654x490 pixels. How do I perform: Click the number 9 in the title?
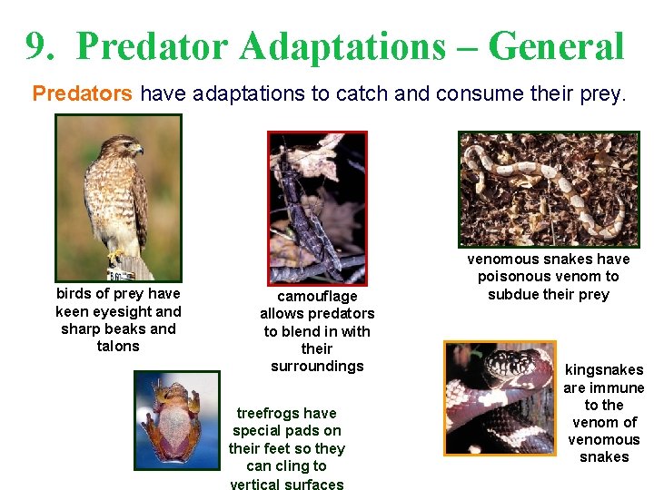click(36, 46)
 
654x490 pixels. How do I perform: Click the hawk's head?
click(124, 147)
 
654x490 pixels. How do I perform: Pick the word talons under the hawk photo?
click(118, 346)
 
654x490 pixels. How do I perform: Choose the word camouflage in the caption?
click(317, 297)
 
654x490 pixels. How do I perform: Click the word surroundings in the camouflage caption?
click(317, 366)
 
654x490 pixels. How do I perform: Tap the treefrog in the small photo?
click(177, 419)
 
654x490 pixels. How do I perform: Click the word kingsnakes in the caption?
click(604, 370)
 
